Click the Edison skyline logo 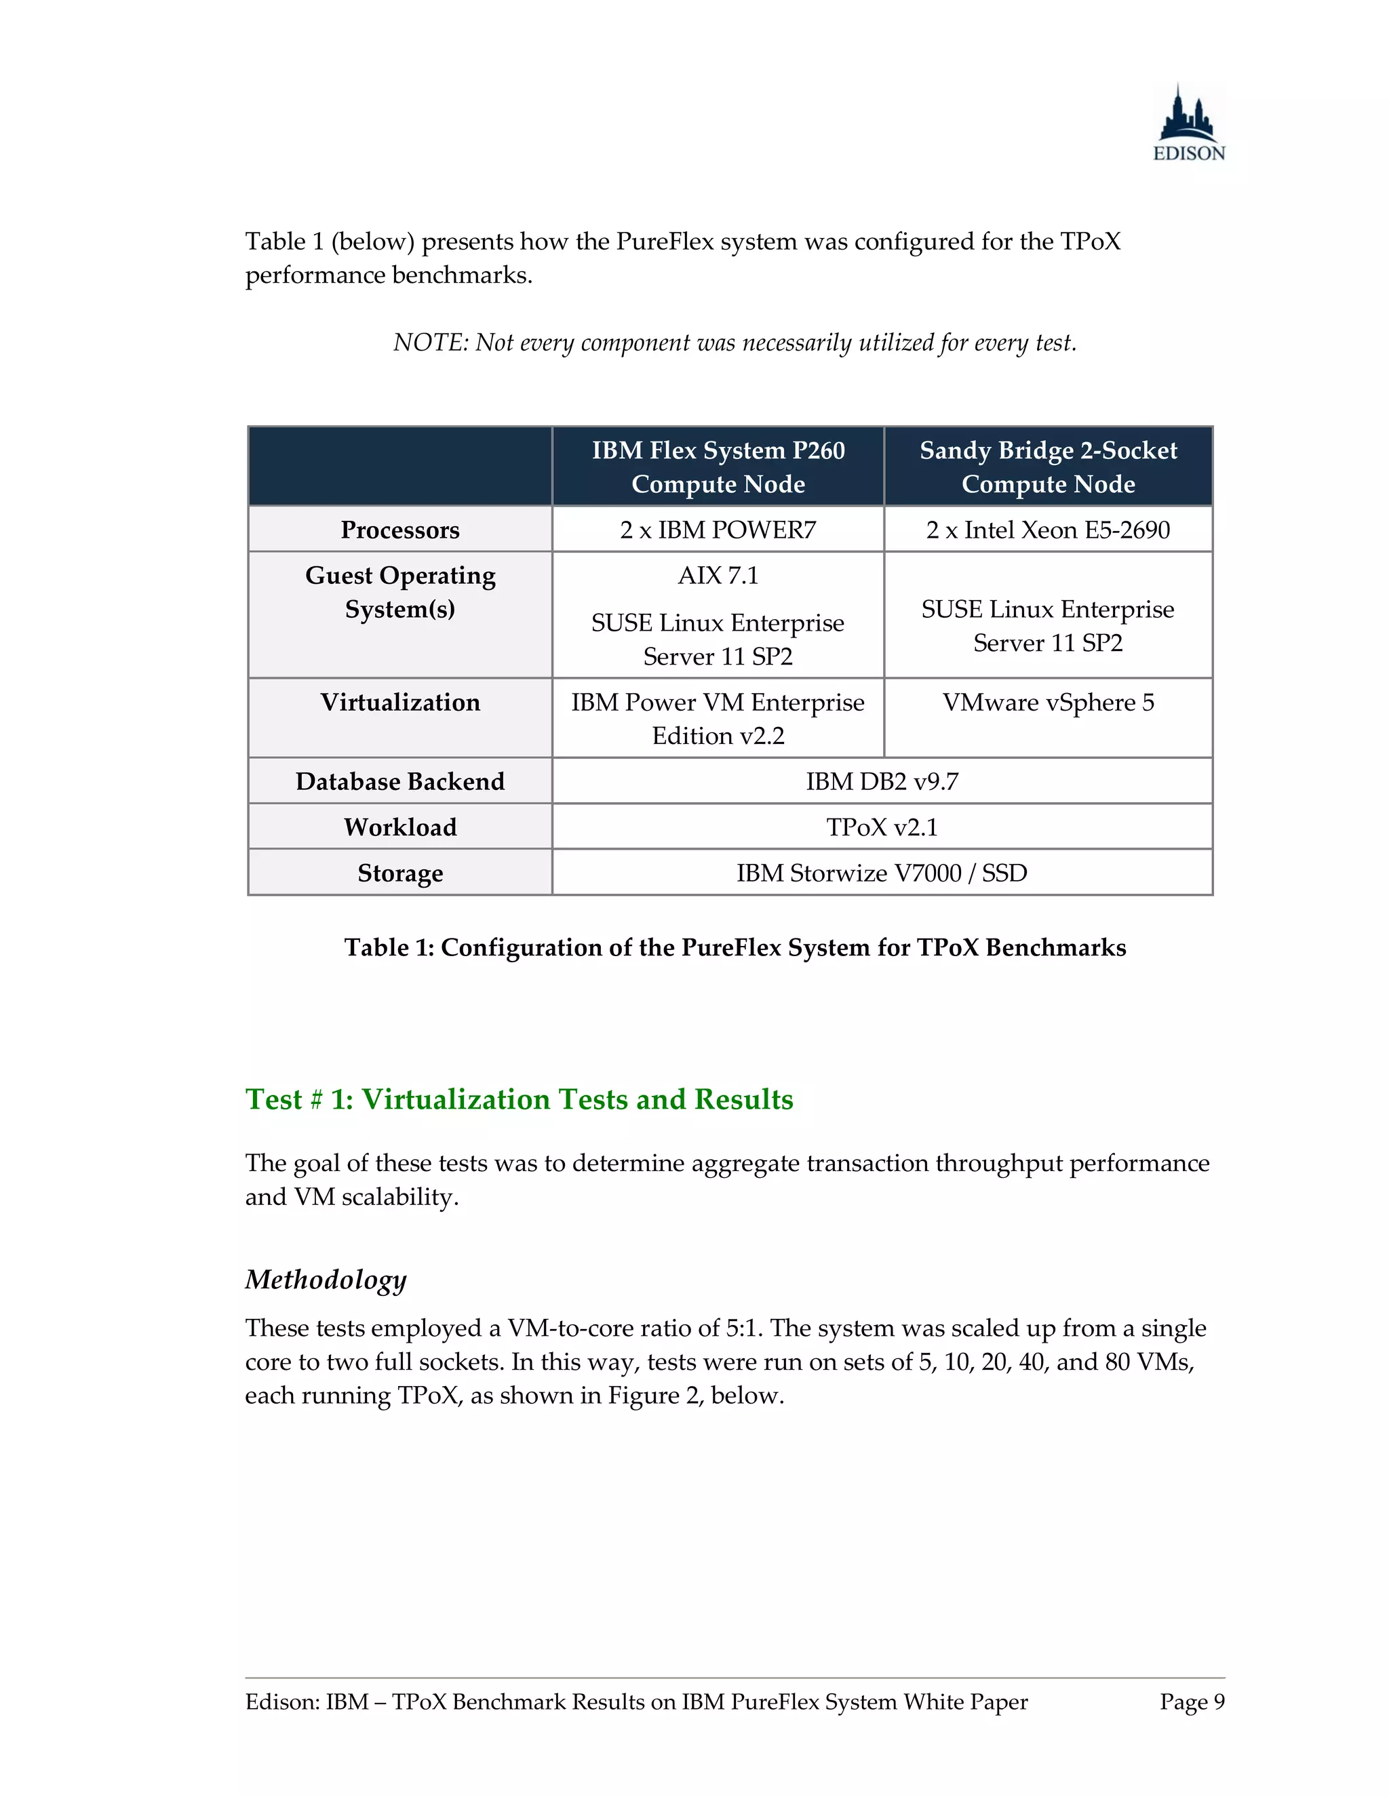pos(1188,123)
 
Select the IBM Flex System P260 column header pos(718,467)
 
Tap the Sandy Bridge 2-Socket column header pos(1047,467)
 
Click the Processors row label pos(400,530)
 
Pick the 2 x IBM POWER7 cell pos(718,530)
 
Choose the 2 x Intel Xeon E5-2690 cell pos(1047,530)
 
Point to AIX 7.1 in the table pos(718,575)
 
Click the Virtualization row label pos(400,702)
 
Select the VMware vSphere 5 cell pos(1047,702)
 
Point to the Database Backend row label pos(400,781)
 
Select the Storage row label pos(400,873)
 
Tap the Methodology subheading pos(326,1280)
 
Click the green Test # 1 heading pos(518,1099)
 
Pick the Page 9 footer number pos(1192,1701)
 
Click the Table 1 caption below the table pos(735,947)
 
